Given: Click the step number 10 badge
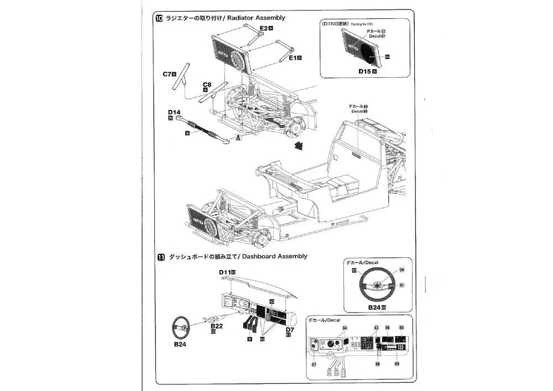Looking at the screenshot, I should click(x=160, y=18).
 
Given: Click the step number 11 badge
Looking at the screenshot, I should click(x=160, y=257).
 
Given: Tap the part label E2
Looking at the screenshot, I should click(x=264, y=28).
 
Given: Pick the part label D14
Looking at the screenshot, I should click(x=174, y=112).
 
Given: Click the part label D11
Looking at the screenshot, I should click(x=225, y=272).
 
